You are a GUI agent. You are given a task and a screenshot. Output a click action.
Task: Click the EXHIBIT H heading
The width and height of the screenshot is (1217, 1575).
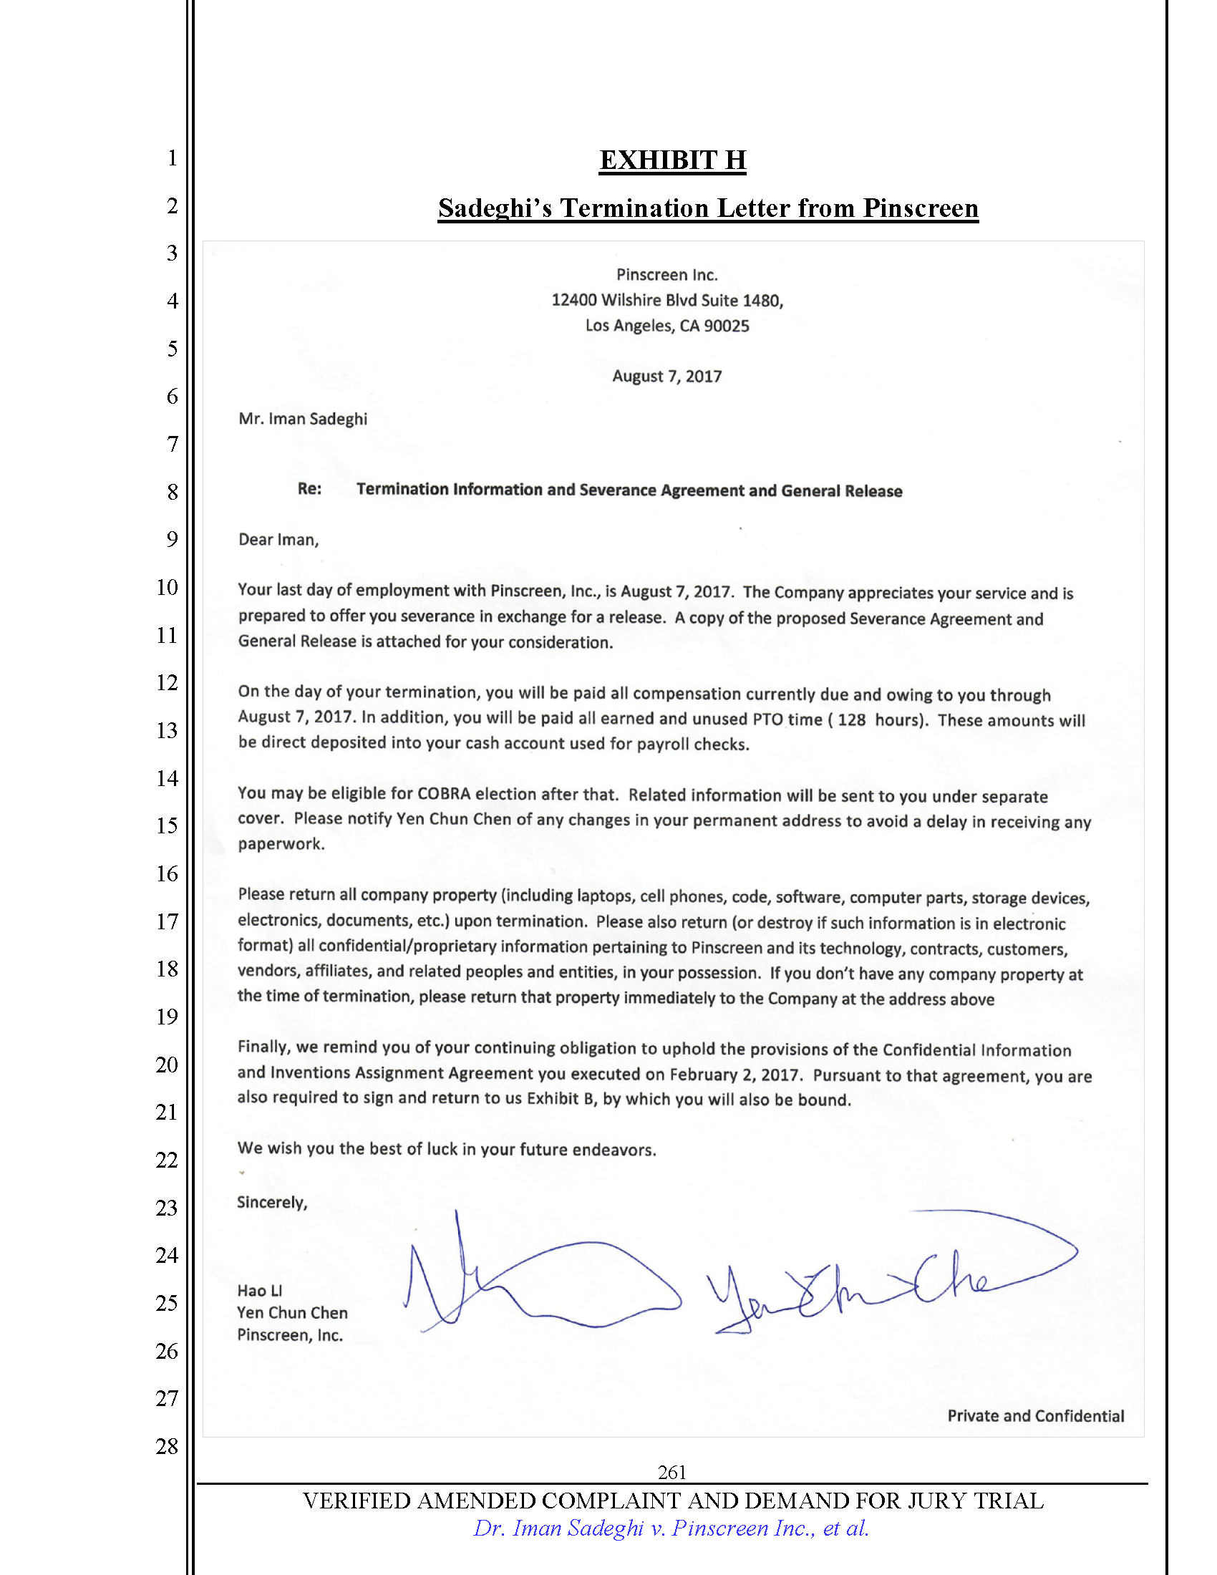click(x=672, y=160)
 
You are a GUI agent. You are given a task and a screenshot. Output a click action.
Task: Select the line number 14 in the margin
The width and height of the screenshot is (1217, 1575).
click(x=167, y=778)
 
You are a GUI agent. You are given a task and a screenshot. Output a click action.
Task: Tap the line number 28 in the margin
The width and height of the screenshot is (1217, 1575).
click(x=167, y=1446)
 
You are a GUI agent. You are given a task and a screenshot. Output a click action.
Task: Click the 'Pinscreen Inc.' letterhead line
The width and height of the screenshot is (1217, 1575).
click(x=667, y=275)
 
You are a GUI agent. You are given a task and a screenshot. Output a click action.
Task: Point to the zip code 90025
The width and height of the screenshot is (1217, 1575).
click(x=726, y=326)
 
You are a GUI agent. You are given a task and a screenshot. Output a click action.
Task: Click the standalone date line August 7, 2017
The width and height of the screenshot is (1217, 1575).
click(x=667, y=377)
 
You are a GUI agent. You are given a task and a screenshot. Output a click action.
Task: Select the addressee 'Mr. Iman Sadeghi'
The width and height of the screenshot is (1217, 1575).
click(x=303, y=419)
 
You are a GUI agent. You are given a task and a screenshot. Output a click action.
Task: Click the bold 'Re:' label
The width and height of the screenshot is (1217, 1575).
click(x=309, y=489)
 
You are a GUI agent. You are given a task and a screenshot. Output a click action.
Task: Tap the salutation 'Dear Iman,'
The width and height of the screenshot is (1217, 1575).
click(x=278, y=539)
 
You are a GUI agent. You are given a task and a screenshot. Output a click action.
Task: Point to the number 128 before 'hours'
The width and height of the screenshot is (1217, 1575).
click(x=851, y=719)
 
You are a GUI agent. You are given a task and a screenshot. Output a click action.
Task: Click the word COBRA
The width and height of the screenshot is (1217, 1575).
click(x=443, y=794)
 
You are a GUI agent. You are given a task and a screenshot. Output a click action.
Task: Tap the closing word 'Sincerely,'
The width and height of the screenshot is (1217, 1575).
click(x=272, y=1202)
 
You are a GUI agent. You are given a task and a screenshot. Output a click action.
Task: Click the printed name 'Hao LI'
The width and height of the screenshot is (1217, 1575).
click(x=260, y=1291)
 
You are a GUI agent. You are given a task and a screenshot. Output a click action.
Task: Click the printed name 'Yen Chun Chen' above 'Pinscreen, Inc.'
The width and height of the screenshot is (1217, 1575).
click(x=292, y=1312)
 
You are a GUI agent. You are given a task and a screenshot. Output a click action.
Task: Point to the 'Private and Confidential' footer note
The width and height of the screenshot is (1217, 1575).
click(x=1035, y=1415)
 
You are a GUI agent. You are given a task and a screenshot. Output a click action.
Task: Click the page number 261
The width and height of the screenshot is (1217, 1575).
click(x=671, y=1472)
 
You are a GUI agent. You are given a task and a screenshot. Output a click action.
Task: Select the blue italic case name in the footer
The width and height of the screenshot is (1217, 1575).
click(x=671, y=1528)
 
